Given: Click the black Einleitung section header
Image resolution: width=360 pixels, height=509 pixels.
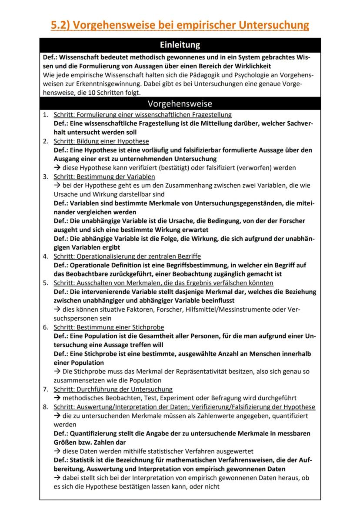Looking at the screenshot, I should coord(180,45).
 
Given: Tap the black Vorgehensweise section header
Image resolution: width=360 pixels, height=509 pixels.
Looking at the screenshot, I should coord(180,103).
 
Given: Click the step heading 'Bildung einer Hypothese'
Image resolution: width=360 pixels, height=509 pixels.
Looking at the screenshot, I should coord(101,141).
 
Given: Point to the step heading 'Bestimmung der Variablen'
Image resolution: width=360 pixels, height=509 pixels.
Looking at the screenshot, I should coord(104,176).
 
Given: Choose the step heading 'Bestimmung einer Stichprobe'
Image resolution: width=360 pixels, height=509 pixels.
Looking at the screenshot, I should coord(109,327).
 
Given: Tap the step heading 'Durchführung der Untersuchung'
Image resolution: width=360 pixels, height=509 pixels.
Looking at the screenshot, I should coord(113,389).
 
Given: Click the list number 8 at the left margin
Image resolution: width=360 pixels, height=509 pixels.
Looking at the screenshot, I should coord(45,407).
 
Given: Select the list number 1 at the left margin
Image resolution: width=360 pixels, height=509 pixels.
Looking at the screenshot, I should coord(45,115).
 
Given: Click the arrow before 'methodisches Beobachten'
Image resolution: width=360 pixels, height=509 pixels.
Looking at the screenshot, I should coord(57,398).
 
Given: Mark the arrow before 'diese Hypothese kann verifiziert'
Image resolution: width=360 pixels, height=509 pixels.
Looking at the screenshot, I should coord(57,168).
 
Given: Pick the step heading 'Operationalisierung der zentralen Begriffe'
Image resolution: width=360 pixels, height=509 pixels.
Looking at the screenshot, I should coord(127,256).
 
